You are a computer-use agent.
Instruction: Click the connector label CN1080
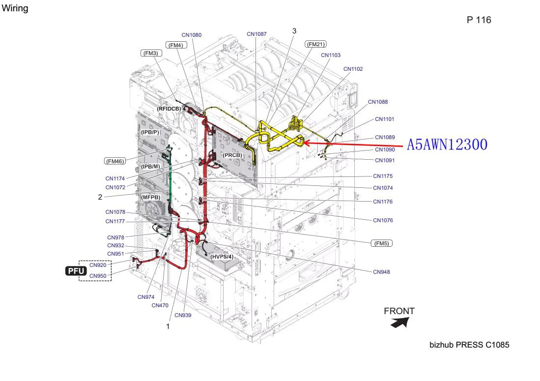[192, 35]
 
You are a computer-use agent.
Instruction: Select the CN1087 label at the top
[256, 34]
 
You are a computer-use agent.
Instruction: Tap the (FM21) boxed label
[315, 44]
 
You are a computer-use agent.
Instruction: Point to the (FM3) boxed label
[151, 53]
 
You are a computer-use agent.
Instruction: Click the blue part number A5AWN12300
[447, 145]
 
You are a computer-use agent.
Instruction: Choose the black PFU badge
[76, 271]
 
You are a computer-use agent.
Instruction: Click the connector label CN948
[382, 272]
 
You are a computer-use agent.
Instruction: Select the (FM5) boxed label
[382, 243]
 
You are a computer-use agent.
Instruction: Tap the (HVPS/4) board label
[222, 257]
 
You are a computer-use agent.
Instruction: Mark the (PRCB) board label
[232, 155]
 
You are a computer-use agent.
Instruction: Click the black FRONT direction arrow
[400, 323]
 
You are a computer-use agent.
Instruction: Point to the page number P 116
[479, 20]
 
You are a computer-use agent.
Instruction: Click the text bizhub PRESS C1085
[469, 345]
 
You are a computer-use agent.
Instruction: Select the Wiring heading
[15, 8]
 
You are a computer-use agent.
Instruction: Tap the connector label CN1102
[353, 69]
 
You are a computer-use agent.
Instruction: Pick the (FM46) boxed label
[115, 161]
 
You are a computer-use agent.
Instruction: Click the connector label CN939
[183, 315]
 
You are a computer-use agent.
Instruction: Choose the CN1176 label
[383, 202]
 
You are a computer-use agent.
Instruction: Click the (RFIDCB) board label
[169, 109]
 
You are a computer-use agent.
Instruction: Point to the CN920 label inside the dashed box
[98, 265]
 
